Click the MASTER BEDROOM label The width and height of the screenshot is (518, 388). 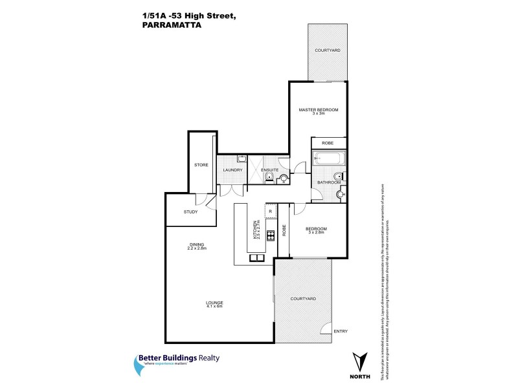click(318, 110)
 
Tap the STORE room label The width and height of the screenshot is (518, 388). click(201, 166)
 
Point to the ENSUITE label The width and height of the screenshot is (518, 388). click(270, 170)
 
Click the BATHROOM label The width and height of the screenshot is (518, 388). click(328, 182)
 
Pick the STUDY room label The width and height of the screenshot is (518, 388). click(190, 211)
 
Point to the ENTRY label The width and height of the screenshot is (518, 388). click(341, 332)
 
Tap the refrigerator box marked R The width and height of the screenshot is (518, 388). click(271, 211)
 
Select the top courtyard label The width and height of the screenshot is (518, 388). click(328, 50)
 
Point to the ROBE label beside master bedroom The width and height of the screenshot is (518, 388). click(328, 143)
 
